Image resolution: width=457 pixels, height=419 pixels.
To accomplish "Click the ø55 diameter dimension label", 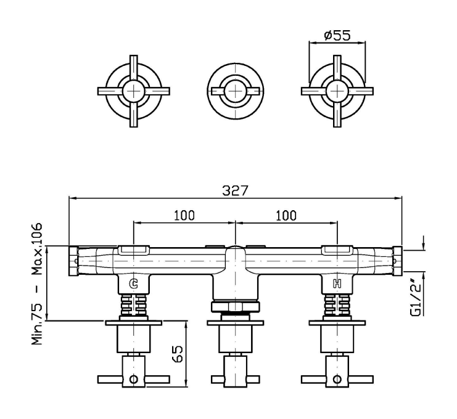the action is (x=337, y=36).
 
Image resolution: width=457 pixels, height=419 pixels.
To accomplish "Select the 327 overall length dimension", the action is (x=235, y=191).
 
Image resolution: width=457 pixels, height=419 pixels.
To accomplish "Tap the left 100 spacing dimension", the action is (x=184, y=216).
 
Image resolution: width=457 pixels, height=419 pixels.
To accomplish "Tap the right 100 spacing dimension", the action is (x=286, y=216).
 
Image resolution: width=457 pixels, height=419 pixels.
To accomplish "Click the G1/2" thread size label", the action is (x=416, y=298).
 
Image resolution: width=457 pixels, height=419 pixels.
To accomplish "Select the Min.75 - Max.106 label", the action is (x=37, y=284).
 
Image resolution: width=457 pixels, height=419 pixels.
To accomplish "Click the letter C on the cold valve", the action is (x=134, y=283).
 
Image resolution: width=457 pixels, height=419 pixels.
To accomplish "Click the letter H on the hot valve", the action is (x=337, y=283).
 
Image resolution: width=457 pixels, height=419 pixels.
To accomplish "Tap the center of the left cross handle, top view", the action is (x=133, y=91).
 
